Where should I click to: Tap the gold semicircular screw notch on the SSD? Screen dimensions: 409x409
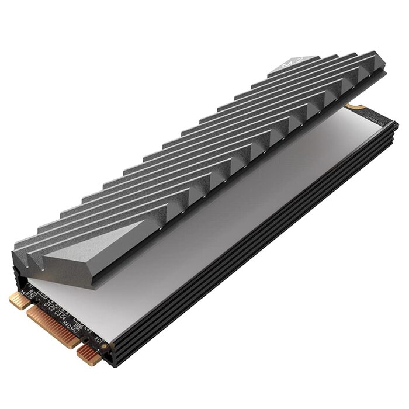tap(352, 107)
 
